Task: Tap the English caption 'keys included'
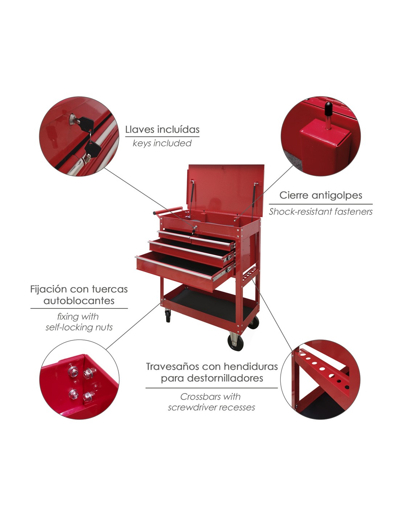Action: (162, 143)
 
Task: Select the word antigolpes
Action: (337, 196)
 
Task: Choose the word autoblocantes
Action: (79, 301)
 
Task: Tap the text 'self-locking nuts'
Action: (79, 327)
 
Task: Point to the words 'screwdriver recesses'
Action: (211, 408)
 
